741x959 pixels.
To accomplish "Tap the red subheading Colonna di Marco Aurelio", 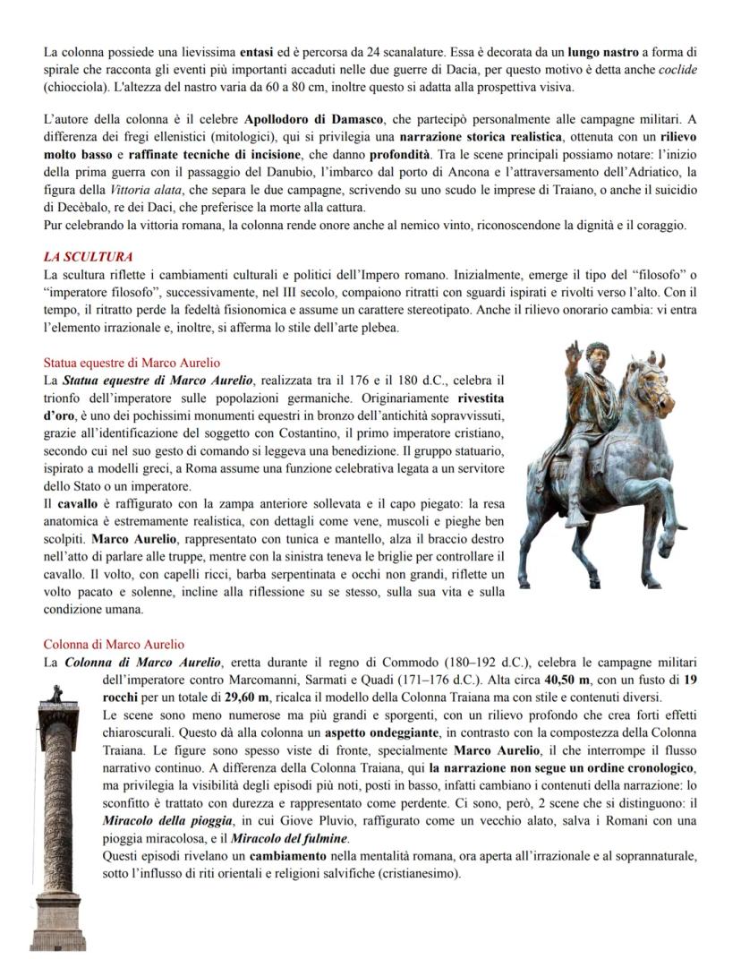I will (114, 644).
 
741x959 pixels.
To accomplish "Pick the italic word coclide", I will (678, 69).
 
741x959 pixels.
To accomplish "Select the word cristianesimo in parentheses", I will (415, 873).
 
